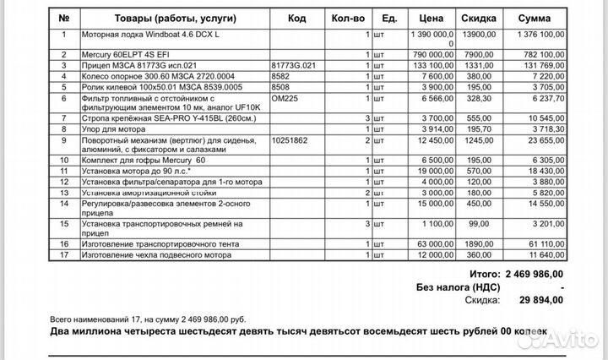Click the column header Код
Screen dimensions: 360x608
click(x=296, y=19)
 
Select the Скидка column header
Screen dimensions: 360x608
click(x=479, y=19)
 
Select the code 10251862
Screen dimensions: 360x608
click(x=290, y=139)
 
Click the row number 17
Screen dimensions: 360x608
click(x=63, y=254)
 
